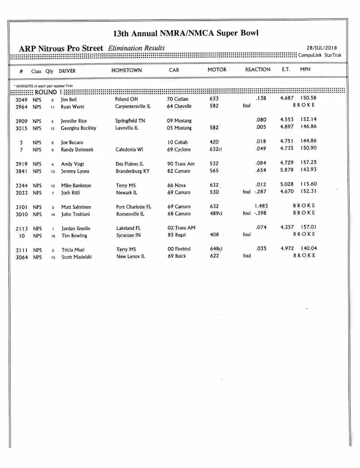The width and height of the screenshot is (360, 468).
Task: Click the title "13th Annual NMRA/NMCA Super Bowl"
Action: pos(186,34)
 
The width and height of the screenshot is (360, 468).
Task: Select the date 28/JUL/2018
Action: pos(322,48)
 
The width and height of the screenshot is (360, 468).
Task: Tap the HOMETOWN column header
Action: pos(126,70)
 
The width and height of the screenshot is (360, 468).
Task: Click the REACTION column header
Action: pos(257,70)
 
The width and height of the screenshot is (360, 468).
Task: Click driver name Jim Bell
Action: pos(69,99)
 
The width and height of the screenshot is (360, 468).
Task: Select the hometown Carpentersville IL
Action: pos(133,106)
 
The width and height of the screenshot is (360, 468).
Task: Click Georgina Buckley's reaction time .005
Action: pos(260,127)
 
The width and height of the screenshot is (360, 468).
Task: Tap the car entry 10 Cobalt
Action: pos(177,142)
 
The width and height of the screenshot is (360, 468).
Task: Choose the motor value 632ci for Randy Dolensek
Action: pos(215,150)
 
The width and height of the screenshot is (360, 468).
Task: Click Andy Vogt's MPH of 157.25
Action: pos(308,163)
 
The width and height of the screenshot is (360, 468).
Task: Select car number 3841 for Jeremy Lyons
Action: pos(21,171)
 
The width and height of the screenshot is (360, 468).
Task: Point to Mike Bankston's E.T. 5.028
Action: pos(286,184)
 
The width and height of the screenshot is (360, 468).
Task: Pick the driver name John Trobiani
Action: pos(76,214)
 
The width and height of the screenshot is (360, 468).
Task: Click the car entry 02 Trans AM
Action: pos(181,228)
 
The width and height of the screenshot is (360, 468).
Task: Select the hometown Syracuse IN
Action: pos(128,236)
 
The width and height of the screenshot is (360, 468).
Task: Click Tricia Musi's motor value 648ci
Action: pos(216,249)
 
